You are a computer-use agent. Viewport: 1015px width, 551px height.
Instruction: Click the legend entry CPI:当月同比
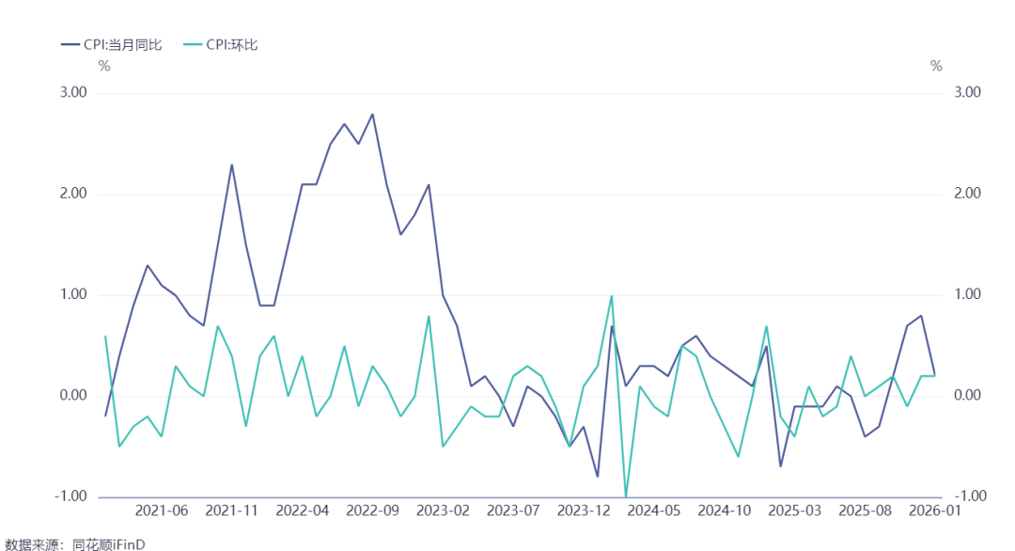(111, 45)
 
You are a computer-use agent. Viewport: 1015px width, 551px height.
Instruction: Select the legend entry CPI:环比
(221, 45)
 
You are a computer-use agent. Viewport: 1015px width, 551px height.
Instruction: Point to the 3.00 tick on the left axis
(73, 92)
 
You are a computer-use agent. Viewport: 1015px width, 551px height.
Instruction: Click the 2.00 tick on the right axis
(968, 194)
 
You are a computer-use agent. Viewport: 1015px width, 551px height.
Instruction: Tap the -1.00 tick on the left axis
(70, 496)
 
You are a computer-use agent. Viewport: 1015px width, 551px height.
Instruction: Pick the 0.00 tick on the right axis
(968, 396)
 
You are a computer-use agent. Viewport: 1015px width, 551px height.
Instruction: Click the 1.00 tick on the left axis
(73, 294)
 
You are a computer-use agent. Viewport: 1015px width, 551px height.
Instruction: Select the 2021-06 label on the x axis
(162, 511)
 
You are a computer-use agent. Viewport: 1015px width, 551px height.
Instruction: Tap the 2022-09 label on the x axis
(372, 511)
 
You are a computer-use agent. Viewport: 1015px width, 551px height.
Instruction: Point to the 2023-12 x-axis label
(584, 511)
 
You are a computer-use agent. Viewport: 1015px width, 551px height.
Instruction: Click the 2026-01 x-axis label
(935, 511)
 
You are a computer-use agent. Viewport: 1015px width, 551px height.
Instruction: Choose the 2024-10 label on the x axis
(725, 511)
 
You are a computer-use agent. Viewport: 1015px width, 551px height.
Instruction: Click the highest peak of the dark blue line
(372, 114)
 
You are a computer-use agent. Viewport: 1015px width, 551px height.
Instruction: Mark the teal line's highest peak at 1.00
(612, 296)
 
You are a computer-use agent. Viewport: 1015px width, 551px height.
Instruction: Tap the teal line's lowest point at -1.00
(626, 496)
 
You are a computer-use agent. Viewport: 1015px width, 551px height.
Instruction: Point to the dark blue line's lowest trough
(598, 477)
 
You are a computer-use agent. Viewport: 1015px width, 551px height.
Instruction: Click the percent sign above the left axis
(104, 66)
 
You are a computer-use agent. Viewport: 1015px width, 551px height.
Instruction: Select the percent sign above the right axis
(936, 66)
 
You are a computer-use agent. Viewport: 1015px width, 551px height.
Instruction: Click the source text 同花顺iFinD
(108, 544)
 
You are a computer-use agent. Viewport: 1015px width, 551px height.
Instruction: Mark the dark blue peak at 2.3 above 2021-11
(232, 165)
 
